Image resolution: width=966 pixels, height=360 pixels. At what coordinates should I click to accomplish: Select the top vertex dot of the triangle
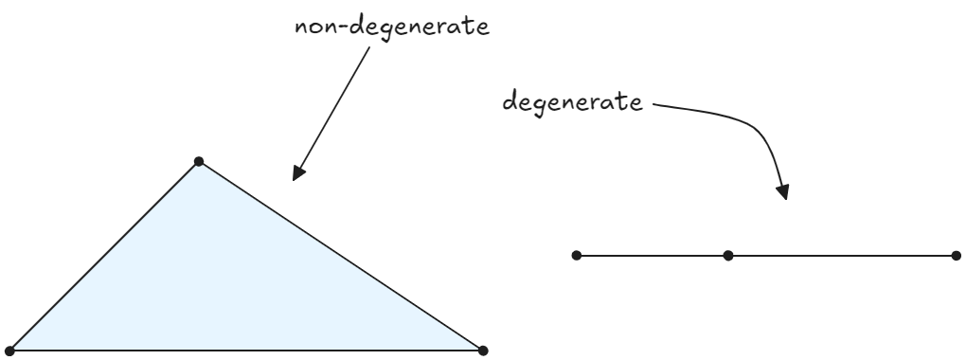tap(198, 161)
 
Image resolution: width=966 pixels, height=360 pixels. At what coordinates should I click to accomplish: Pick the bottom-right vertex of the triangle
tap(483, 351)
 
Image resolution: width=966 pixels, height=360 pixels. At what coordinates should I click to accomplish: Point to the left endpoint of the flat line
tap(577, 255)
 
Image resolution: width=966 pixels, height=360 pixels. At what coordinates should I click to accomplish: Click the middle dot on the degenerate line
tap(727, 255)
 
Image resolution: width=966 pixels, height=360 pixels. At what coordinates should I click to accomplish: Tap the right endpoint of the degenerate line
tap(955, 255)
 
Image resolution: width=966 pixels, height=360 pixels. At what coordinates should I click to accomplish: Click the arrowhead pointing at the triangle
tap(298, 171)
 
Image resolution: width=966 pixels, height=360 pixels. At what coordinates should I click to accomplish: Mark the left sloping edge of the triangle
tap(104, 256)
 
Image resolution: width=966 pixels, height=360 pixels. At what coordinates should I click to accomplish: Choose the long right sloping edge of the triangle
tap(341, 256)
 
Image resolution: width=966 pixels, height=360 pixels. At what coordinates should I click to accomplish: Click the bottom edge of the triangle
tap(246, 351)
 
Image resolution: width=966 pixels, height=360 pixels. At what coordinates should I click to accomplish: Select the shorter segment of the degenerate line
tap(652, 255)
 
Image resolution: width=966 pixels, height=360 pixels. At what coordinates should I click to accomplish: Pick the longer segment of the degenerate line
tap(841, 255)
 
